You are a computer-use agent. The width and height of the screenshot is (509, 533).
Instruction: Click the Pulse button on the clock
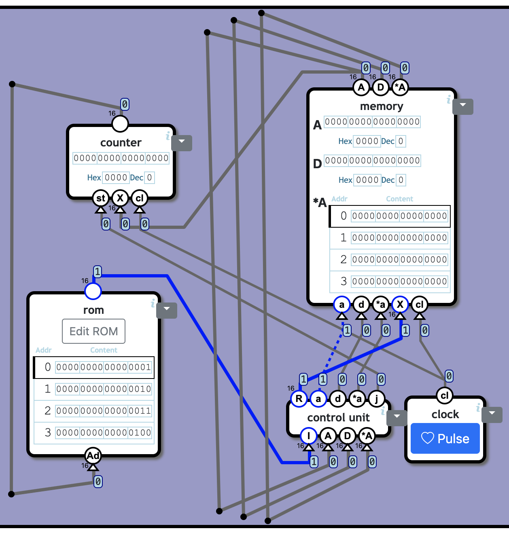tap(445, 438)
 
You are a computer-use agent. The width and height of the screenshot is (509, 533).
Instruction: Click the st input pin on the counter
tap(100, 198)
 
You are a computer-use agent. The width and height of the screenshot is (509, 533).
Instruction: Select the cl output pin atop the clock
tap(444, 396)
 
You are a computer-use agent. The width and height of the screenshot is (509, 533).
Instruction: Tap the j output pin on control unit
tap(376, 399)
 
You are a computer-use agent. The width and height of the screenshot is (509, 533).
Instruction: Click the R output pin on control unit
tap(299, 399)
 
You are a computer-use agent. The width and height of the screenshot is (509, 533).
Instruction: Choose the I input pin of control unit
tap(309, 436)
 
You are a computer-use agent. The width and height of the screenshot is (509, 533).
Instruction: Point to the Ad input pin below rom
tap(93, 456)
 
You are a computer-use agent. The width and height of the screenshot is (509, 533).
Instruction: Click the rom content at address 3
tap(104, 433)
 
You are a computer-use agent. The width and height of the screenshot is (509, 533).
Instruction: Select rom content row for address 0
tap(104, 367)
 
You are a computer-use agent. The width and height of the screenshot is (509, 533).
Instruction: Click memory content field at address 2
tap(399, 260)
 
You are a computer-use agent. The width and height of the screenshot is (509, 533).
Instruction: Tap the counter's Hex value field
tap(116, 178)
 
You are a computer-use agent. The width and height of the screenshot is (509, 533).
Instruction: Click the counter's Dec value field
tap(149, 178)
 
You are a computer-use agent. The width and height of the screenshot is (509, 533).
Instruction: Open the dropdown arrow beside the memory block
tap(463, 106)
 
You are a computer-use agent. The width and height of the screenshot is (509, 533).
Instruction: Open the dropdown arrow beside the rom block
tap(166, 310)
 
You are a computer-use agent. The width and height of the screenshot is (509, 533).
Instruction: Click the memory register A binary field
tap(372, 122)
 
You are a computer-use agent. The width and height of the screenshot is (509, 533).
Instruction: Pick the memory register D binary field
tap(372, 161)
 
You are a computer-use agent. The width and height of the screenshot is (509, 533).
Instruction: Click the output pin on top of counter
tap(120, 124)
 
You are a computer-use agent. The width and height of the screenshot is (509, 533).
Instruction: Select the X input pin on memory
tap(400, 305)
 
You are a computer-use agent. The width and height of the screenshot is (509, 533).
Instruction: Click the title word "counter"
tap(121, 143)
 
